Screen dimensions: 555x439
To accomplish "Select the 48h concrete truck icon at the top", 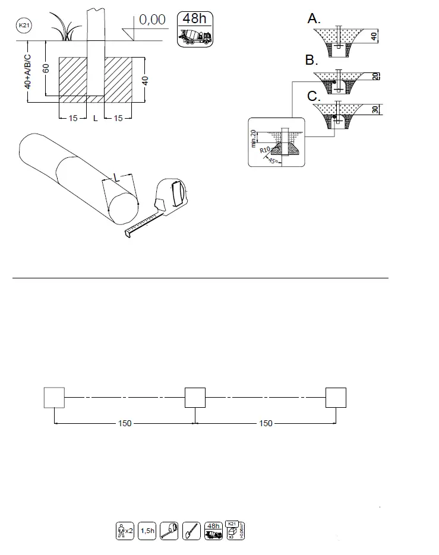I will click(x=194, y=28).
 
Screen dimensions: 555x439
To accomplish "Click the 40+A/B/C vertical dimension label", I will click(x=28, y=70).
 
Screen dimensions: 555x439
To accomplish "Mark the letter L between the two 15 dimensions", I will click(x=95, y=119).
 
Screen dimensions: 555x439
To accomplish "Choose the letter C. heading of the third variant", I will click(x=312, y=95).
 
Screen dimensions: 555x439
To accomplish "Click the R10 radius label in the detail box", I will click(x=266, y=151).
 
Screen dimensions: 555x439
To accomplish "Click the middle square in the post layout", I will click(x=195, y=397).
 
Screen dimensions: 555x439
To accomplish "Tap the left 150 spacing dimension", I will click(x=125, y=423).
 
